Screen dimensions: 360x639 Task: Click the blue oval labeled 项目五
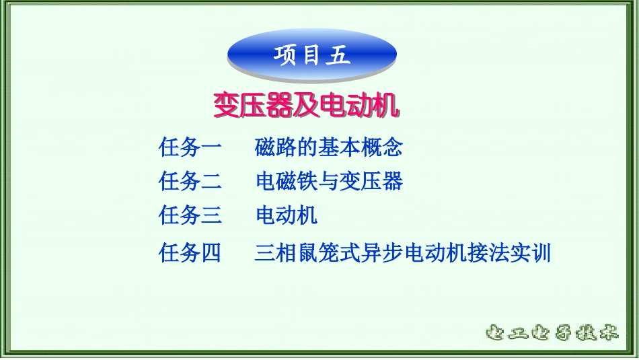point(312,55)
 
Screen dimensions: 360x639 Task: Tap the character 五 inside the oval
point(338,56)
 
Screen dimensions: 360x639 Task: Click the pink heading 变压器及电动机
point(307,105)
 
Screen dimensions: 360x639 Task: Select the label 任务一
point(190,146)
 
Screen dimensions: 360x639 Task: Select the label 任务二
point(190,181)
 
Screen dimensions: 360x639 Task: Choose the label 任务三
point(190,216)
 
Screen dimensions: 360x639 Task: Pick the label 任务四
point(190,254)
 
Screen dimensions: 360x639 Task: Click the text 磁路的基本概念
point(329,146)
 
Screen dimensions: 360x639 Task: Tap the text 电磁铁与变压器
point(329,181)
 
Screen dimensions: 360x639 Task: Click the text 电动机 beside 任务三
point(286,216)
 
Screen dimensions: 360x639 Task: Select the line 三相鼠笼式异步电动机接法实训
point(403,254)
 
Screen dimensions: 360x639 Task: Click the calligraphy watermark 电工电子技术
point(551,332)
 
